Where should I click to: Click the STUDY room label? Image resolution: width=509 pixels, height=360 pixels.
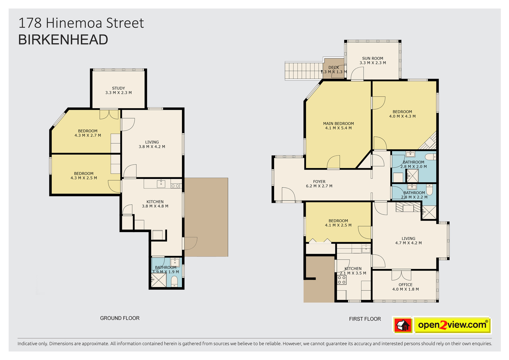(118, 88)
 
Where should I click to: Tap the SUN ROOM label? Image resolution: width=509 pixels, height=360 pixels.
(373, 59)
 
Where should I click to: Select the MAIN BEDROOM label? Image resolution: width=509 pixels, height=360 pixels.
(338, 124)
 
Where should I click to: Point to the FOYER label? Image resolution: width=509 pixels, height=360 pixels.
(319, 182)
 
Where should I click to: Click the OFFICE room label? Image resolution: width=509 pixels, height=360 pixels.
(405, 285)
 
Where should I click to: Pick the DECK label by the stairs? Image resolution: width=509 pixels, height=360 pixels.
(334, 67)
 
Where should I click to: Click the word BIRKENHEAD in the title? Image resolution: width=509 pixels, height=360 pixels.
(63, 40)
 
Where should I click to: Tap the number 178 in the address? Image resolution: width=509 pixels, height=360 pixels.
(30, 23)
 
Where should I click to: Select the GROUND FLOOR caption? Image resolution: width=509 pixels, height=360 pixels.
(120, 318)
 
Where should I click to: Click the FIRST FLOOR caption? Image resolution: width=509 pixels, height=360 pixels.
(365, 319)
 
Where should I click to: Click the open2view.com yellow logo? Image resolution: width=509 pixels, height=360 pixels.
(452, 325)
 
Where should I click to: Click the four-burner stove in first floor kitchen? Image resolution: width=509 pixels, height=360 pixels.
(342, 280)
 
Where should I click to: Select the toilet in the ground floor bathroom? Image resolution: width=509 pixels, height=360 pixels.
(174, 282)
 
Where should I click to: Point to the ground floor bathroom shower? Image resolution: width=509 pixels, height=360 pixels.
(159, 280)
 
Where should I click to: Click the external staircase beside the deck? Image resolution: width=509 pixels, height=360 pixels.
(304, 71)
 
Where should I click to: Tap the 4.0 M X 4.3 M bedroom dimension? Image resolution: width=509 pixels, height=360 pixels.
(402, 116)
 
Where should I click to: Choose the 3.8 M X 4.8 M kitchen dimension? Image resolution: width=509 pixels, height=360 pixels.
(155, 206)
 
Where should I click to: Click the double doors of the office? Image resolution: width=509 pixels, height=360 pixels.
(401, 275)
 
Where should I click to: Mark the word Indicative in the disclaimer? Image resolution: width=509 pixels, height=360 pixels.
(28, 344)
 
